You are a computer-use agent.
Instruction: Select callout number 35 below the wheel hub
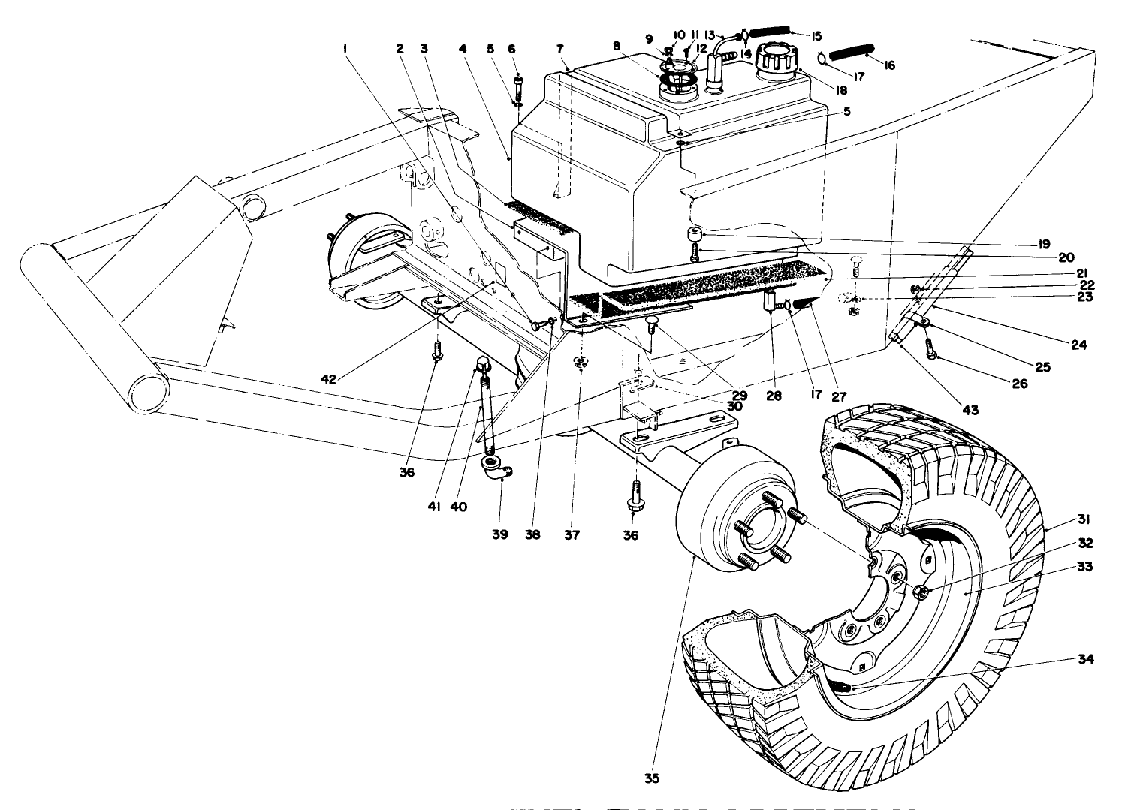[652, 778]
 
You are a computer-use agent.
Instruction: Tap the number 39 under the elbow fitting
[500, 534]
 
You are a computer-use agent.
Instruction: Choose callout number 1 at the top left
[345, 49]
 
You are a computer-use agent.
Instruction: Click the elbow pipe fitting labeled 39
[495, 474]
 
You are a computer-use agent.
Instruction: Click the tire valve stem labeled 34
[845, 686]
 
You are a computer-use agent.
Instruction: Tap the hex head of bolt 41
[481, 367]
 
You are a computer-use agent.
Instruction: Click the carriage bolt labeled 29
[651, 324]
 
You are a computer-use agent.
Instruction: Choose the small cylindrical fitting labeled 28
[771, 302]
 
